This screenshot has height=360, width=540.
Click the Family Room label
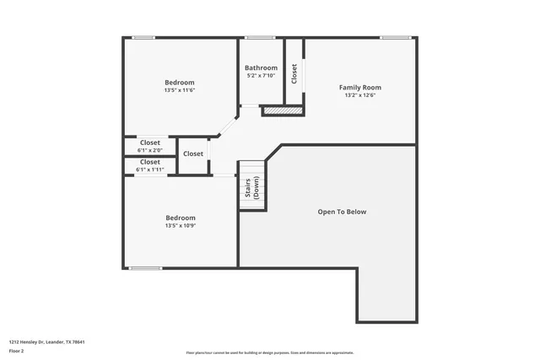360,87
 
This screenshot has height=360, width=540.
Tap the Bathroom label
261,68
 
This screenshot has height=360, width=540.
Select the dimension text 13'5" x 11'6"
180,90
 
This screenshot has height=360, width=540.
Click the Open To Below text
342,212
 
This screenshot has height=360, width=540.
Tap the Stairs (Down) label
251,188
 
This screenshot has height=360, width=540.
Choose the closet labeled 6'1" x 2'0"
150,150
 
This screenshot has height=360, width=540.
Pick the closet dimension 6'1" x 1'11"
150,169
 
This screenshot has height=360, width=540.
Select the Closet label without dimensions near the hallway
193,153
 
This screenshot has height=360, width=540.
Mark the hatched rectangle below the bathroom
282,110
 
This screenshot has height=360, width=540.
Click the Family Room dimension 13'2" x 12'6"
360,95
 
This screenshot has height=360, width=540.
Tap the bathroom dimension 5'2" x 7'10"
262,76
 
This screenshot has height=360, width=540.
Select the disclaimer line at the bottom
269,352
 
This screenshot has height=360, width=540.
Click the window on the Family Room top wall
395,37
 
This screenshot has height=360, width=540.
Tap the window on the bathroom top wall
261,37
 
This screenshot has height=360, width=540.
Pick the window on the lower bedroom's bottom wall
145,268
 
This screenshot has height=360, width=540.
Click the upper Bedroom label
180,82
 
